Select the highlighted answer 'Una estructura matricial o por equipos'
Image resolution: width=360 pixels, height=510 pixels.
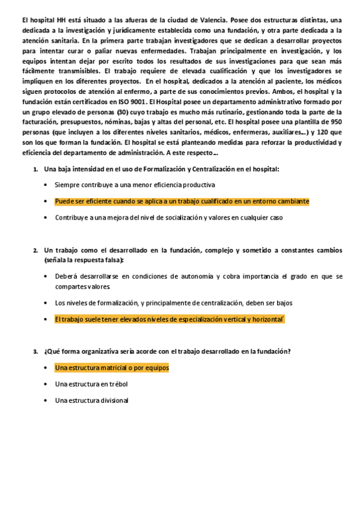point(112,367)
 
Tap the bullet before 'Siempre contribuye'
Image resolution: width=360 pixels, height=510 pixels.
point(46,185)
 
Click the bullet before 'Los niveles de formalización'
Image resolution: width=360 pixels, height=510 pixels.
point(46,303)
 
